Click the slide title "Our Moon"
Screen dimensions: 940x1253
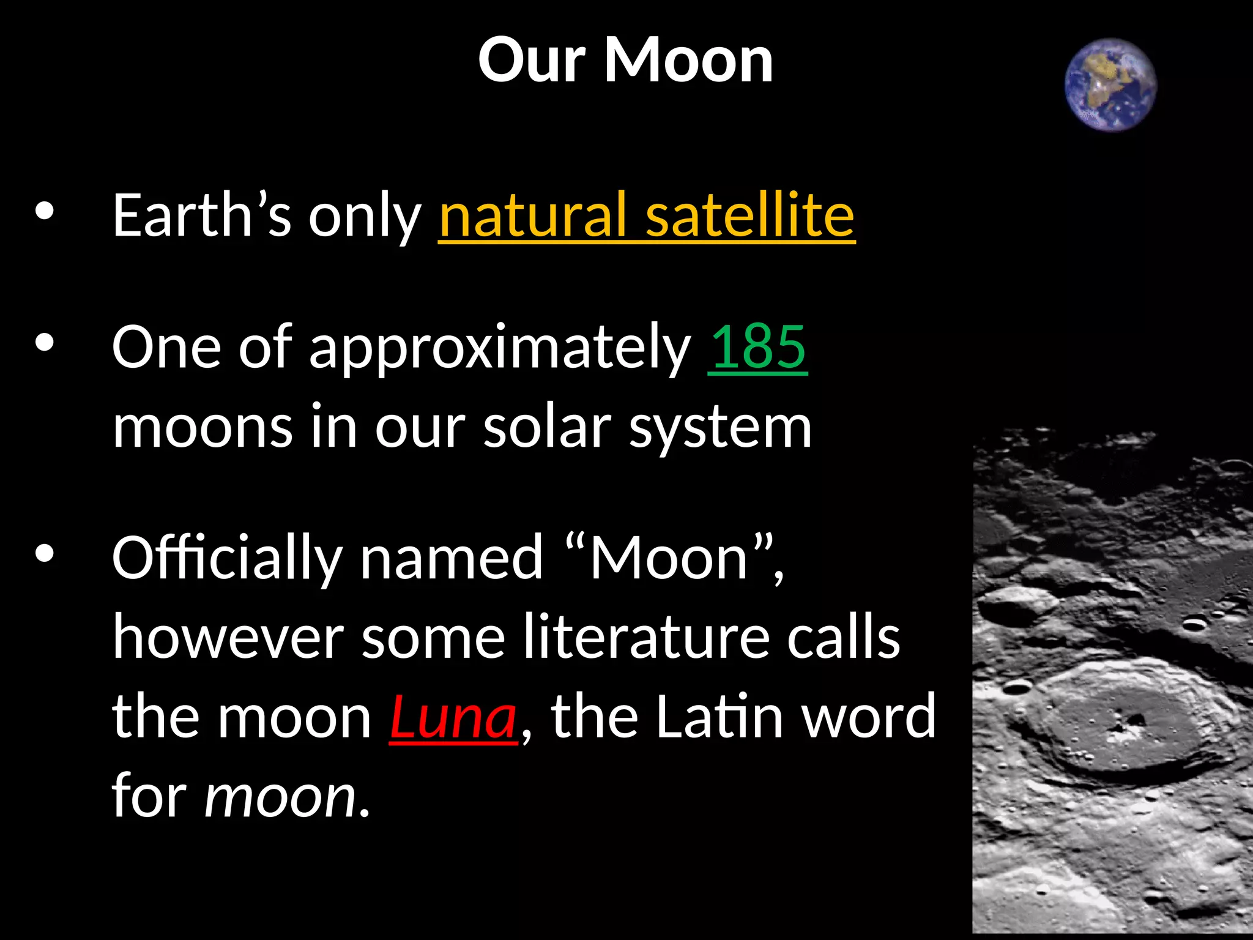[x=625, y=60]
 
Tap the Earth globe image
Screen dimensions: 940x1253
[x=1110, y=84]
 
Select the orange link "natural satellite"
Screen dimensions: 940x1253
[x=646, y=215]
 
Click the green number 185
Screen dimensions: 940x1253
[x=757, y=347]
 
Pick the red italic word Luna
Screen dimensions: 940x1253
[x=453, y=717]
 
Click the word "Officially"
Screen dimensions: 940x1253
[x=226, y=558]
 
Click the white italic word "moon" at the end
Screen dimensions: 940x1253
[x=280, y=797]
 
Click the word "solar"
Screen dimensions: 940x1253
[x=547, y=427]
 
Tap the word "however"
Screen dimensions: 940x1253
[x=228, y=638]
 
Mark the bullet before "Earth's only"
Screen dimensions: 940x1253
[x=45, y=211]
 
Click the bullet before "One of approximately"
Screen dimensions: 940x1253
[x=45, y=343]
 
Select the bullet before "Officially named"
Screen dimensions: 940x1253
[x=45, y=554]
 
